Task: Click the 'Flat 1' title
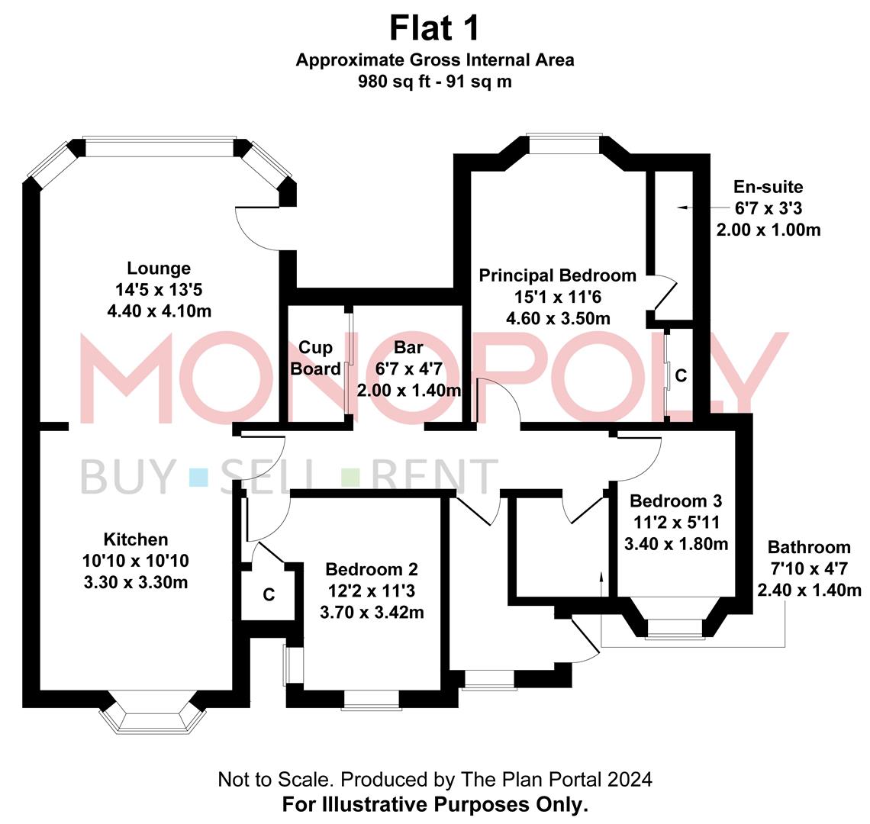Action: (435, 28)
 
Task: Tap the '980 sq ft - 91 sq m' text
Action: (435, 82)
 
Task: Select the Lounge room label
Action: (159, 269)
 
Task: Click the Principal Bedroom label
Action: (557, 275)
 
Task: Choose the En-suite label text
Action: (768, 187)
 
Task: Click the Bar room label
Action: (408, 348)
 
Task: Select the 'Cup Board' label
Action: (316, 359)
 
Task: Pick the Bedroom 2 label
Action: (371, 569)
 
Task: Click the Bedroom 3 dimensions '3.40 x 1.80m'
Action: (675, 544)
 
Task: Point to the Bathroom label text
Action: (808, 547)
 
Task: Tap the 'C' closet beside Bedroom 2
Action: (269, 594)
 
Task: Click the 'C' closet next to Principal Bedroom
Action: (681, 375)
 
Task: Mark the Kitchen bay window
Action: (153, 716)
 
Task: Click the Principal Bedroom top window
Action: (565, 140)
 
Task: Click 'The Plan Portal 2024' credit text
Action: (557, 779)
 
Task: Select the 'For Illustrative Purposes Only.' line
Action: (435, 804)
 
